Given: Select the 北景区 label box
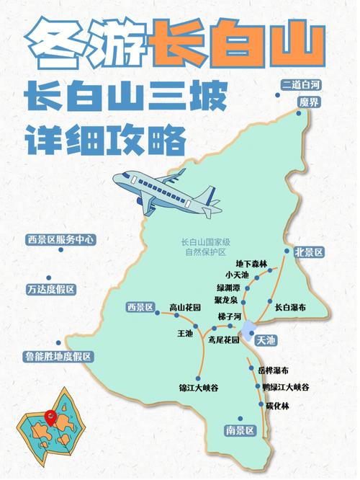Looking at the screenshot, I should [309, 252].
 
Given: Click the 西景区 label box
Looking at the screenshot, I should [140, 308].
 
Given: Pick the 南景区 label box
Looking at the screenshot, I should [240, 431].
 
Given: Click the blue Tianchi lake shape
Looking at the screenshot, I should [248, 332].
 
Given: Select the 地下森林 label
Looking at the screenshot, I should [251, 265].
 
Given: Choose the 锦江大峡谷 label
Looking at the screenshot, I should [199, 388].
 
